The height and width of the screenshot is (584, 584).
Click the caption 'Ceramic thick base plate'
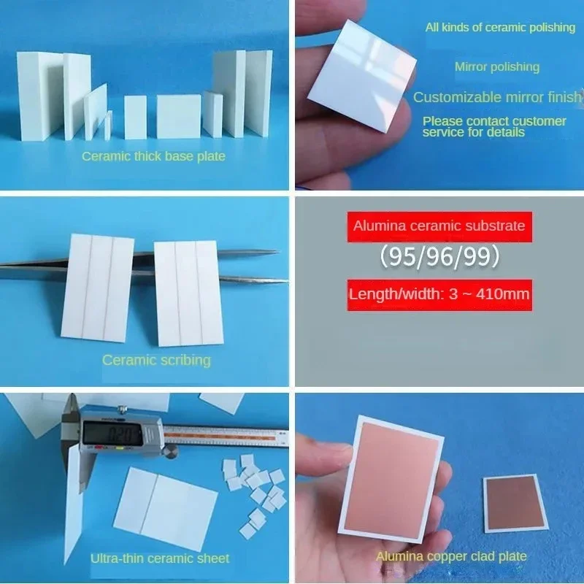pyautogui.click(x=153, y=156)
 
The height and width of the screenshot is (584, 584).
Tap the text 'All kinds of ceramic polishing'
pyautogui.click(x=500, y=28)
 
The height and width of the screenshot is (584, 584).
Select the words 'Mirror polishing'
pyautogui.click(x=496, y=67)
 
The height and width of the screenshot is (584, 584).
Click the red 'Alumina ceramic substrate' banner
pyautogui.click(x=439, y=226)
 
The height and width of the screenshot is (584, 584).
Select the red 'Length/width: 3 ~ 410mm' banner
pyautogui.click(x=439, y=295)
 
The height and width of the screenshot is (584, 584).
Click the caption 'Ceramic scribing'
pyautogui.click(x=156, y=360)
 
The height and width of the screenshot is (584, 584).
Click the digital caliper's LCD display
pyautogui.click(x=120, y=432)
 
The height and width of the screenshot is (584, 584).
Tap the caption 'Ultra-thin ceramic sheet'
pyautogui.click(x=159, y=558)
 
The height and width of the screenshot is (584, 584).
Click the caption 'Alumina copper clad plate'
pyautogui.click(x=451, y=556)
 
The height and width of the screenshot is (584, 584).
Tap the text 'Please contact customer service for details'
pyautogui.click(x=494, y=126)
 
